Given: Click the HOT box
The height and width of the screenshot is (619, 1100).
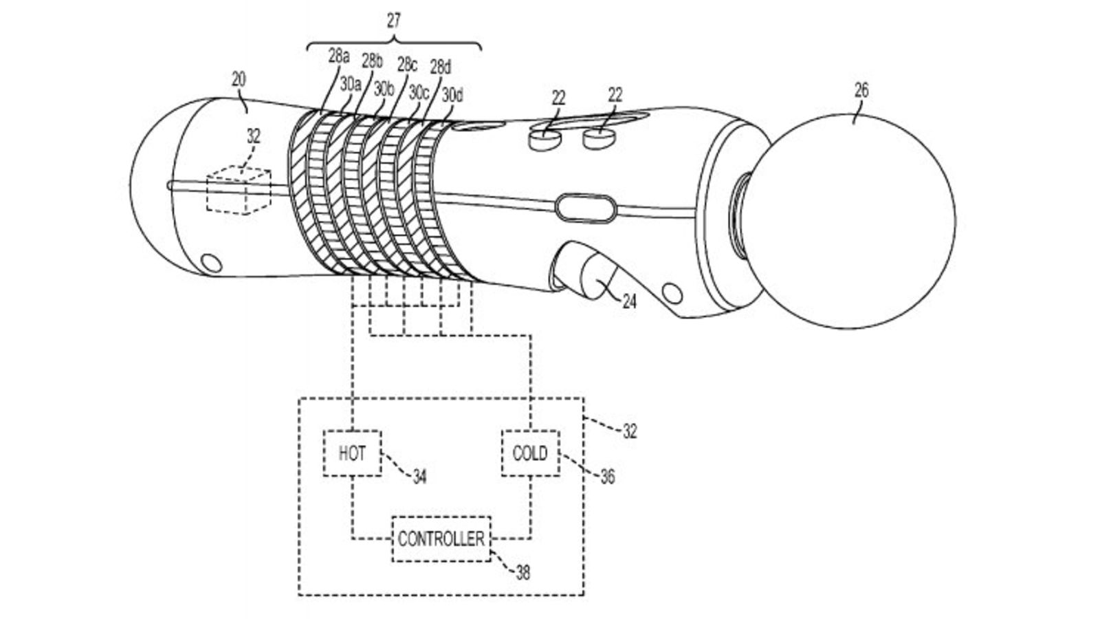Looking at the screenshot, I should [x=352, y=453].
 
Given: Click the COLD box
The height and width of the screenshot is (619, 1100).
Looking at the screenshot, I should [x=530, y=453].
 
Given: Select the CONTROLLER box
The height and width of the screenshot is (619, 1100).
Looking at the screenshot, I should [x=441, y=539].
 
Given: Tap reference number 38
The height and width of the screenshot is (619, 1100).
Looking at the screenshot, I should [x=523, y=572].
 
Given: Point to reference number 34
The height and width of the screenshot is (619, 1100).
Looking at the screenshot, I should [x=419, y=475].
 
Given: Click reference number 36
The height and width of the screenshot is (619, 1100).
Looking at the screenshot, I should [x=607, y=476].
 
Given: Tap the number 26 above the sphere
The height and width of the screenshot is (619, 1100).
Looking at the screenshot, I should [x=861, y=91].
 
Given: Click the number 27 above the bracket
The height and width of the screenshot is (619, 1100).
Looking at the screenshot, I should [x=393, y=21].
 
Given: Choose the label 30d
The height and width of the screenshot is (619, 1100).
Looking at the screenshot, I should [x=452, y=95].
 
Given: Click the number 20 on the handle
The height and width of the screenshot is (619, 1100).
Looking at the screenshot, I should [x=239, y=79].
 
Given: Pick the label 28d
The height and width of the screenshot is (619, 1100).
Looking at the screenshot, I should [x=441, y=67].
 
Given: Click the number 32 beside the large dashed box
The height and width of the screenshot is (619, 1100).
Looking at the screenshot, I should [x=629, y=431].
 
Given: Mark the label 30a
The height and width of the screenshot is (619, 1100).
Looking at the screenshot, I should [x=350, y=83].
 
